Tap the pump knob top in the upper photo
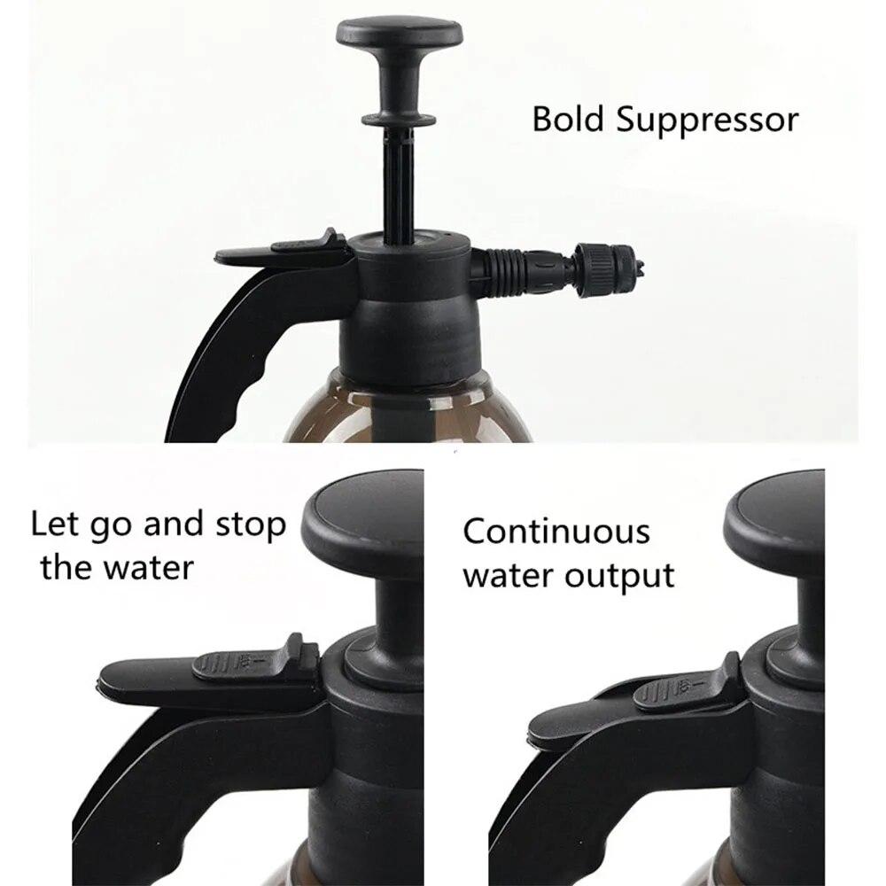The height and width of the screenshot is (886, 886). pos(399,34)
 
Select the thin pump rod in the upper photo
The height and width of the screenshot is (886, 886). pos(399,186)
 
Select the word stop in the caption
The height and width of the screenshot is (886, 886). pos(251,525)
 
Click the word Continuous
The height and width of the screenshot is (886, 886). pos(556,532)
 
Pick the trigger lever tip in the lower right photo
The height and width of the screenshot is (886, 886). pos(545,731)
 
